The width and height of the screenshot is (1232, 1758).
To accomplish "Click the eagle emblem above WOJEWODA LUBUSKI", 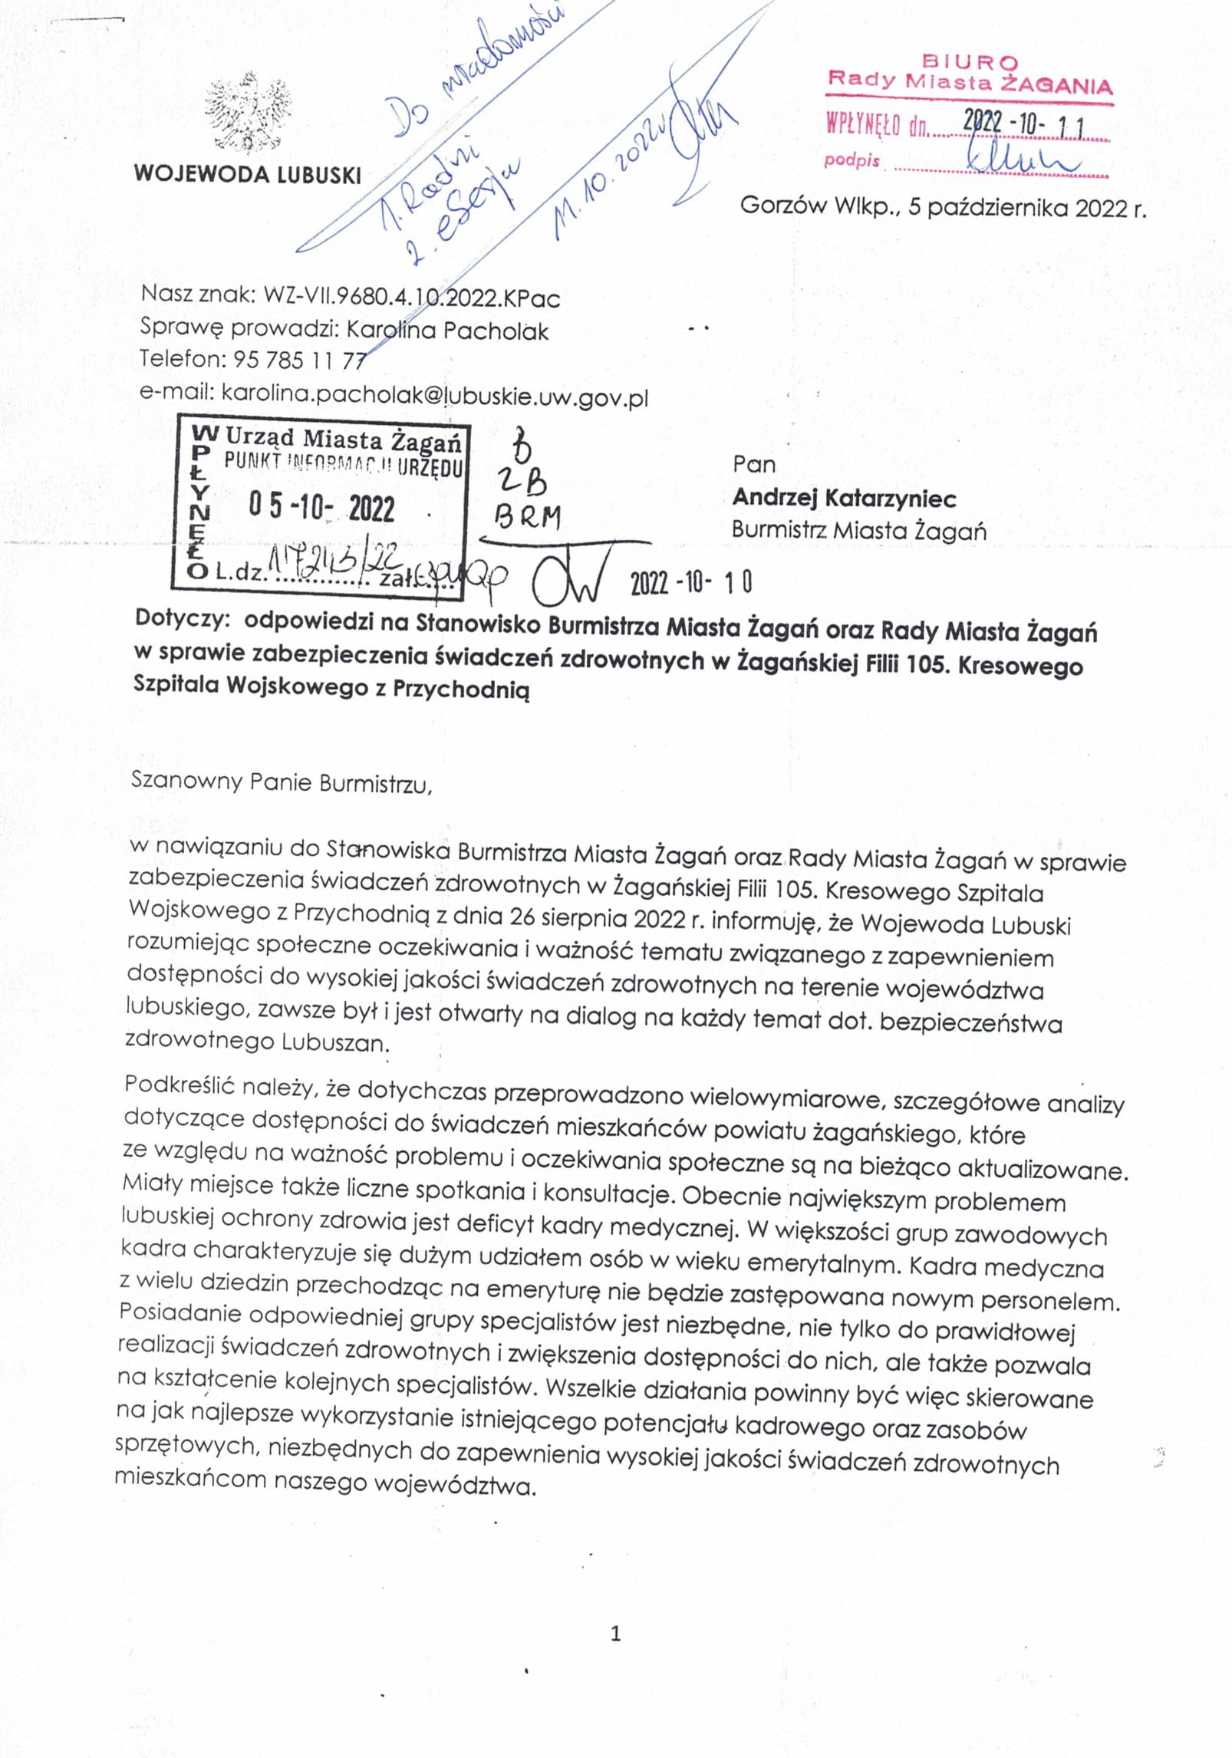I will [247, 113].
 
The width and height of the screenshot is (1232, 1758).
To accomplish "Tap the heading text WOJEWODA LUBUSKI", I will [247, 174].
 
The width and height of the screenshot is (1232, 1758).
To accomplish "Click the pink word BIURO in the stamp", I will [970, 61].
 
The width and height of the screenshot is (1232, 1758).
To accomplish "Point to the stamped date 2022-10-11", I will [1023, 122].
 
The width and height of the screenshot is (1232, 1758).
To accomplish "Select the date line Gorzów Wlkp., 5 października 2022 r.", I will [943, 207].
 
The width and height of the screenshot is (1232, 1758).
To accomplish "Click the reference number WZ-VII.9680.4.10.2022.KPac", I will [411, 297].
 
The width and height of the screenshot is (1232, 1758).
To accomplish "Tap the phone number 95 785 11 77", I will [298, 359].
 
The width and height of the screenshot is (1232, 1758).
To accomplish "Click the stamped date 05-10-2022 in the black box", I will [321, 508].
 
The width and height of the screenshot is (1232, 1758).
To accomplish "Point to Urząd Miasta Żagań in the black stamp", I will [343, 439].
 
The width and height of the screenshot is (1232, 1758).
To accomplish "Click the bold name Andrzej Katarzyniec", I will [844, 499].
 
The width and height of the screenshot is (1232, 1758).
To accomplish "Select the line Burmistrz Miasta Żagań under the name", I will [858, 531].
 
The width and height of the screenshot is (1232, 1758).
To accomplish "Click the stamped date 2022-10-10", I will [690, 583].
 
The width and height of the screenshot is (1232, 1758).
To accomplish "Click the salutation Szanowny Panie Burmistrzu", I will [282, 782].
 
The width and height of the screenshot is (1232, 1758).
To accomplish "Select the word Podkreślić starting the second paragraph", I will [178, 1085].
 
